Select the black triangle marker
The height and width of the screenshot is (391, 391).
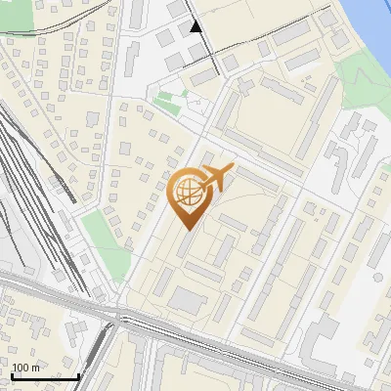(x=196, y=26)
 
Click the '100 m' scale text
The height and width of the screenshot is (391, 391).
(x=25, y=368)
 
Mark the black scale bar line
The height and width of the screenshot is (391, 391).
(x=44, y=376)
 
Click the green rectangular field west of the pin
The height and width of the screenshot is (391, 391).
(x=97, y=235)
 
